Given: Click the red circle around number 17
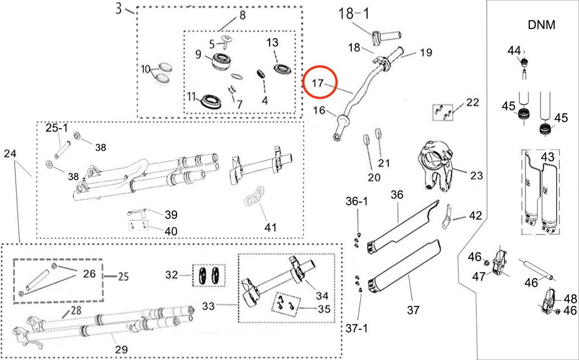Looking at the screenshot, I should point(320,83).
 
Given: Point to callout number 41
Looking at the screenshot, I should point(270,227).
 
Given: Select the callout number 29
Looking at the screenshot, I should point(121,350).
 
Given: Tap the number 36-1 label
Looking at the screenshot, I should point(356,201).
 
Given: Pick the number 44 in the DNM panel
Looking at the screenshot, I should point(514,51).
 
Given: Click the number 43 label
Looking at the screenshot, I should point(548,157).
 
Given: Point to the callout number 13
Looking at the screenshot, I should point(272,42).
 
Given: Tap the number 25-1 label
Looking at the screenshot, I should point(56,128).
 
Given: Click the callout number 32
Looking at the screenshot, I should point(172,275).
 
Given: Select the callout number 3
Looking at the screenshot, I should point(118,8).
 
